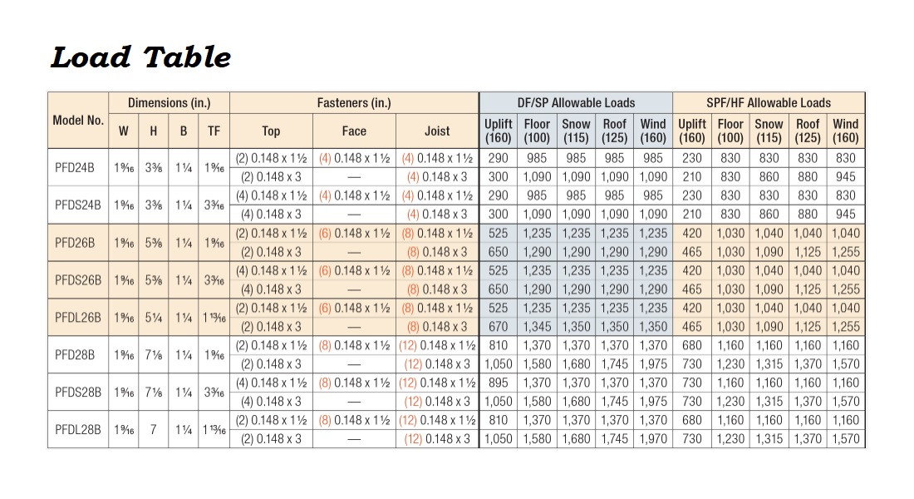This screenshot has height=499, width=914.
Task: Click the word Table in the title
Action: [x=187, y=57]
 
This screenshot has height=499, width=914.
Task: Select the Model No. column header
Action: [x=78, y=120]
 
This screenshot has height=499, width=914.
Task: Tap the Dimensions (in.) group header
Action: [x=169, y=103]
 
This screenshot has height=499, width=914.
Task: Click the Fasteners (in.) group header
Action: [x=354, y=103]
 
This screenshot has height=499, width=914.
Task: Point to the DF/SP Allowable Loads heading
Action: [x=576, y=103]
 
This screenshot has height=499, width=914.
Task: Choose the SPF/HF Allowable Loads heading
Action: [x=769, y=103]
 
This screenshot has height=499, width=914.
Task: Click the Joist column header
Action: [x=437, y=131]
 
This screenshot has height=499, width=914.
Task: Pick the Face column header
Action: [x=354, y=131]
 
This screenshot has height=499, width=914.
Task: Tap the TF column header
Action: [x=214, y=131]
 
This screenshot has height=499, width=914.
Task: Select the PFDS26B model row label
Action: [x=78, y=280]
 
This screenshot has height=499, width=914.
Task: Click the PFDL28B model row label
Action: [x=78, y=430]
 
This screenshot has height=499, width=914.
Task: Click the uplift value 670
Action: [x=499, y=327]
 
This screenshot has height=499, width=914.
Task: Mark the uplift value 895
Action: [x=499, y=383]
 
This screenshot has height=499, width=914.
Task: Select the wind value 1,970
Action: [x=653, y=439]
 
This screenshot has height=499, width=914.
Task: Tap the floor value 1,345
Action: [x=537, y=327]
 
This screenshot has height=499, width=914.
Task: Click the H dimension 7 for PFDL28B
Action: [x=153, y=430]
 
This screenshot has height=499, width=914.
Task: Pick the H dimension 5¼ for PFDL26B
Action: [x=153, y=317]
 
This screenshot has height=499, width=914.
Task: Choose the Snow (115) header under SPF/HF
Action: [x=769, y=131]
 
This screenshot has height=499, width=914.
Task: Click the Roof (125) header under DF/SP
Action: [x=615, y=131]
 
